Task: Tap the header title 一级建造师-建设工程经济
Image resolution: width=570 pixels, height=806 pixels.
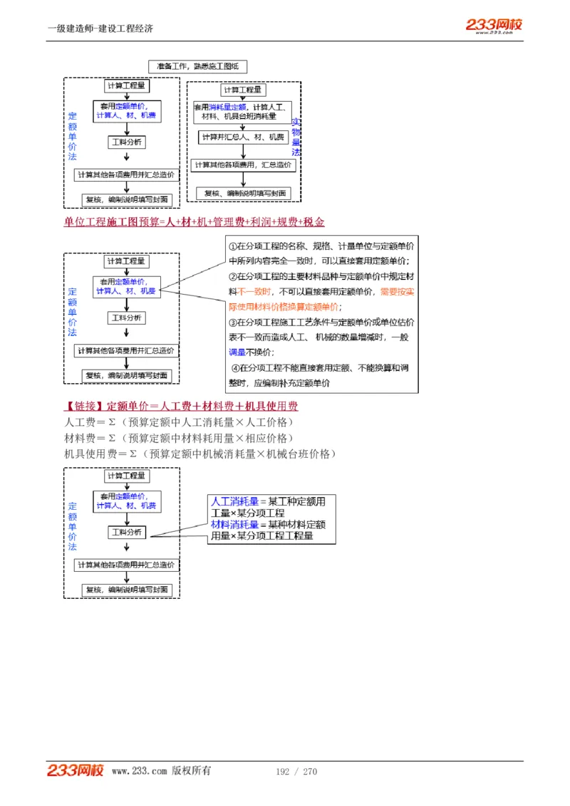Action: click(100, 28)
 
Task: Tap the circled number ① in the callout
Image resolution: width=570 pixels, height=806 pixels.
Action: click(232, 246)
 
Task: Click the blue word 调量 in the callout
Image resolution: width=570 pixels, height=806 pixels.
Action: click(237, 352)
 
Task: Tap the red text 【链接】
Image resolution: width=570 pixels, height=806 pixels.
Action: click(84, 407)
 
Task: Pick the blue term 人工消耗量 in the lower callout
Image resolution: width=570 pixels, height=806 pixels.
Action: click(234, 502)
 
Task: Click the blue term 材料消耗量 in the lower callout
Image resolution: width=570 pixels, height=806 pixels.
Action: click(234, 525)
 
